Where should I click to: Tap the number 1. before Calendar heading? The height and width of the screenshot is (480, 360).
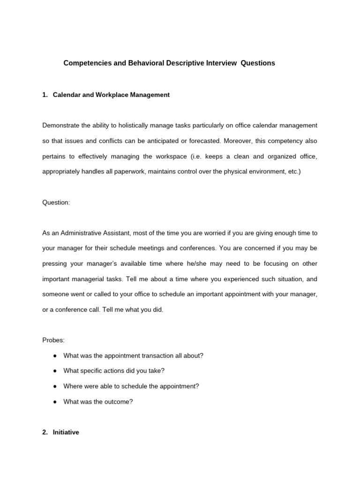click(45, 95)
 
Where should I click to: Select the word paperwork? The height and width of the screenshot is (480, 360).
click(127, 172)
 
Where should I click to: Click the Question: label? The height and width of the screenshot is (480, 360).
click(56, 202)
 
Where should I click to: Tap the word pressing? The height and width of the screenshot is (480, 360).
click(55, 264)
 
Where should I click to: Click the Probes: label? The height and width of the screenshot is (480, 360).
click(53, 340)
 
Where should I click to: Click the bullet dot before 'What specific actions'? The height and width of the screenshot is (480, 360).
click(55, 371)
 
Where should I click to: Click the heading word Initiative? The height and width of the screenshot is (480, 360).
click(66, 433)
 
